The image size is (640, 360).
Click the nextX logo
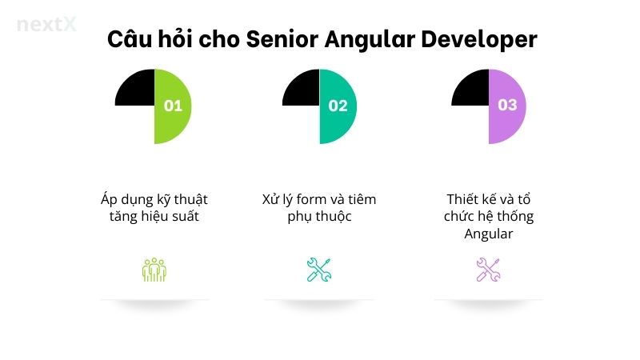[46, 24]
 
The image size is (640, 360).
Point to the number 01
[173, 106]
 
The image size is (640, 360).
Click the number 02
[338, 106]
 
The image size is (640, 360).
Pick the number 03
[507, 105]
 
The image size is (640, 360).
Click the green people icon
[154, 270]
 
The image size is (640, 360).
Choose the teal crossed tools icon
[319, 270]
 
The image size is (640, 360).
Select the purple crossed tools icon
[488, 270]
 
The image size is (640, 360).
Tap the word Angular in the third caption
[488, 234]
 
